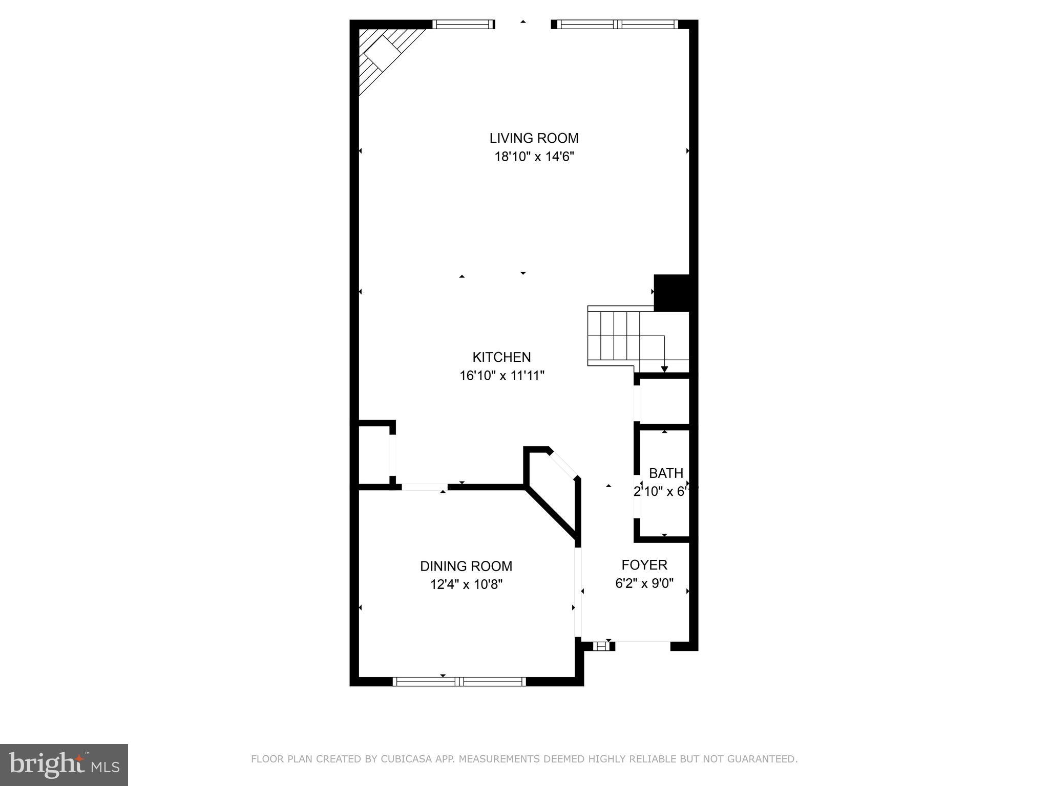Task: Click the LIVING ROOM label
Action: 534,138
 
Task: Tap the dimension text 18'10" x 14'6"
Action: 534,157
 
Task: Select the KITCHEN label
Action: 501,357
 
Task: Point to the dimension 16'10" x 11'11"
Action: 501,376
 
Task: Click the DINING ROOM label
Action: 466,566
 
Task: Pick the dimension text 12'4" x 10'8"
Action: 466,584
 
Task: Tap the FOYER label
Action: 644,565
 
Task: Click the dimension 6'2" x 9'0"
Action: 644,583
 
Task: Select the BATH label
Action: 666,473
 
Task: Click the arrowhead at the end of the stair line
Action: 664,369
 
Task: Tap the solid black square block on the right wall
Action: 672,293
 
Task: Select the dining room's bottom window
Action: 459,681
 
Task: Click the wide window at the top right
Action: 617,24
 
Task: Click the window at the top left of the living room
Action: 463,24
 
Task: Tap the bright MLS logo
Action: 64,764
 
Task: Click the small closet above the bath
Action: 664,401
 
